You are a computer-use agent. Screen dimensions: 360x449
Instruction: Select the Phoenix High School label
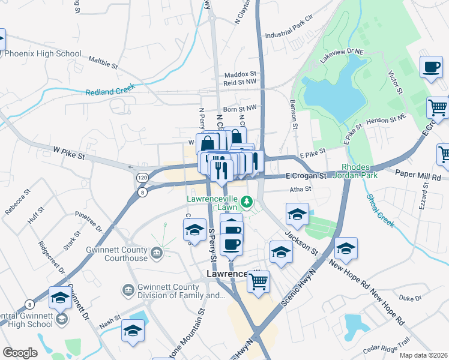pyautogui.click(x=43, y=53)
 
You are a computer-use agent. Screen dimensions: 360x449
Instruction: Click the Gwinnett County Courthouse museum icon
pyautogui.click(x=156, y=254)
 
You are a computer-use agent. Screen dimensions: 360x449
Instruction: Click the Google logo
pyautogui.click(x=20, y=353)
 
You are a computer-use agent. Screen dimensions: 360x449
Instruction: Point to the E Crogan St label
pyautogui.click(x=306, y=176)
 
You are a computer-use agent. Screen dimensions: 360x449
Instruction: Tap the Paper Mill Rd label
pyautogui.click(x=418, y=178)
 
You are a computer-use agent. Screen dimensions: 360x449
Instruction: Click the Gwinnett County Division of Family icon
pyautogui.click(x=128, y=291)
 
